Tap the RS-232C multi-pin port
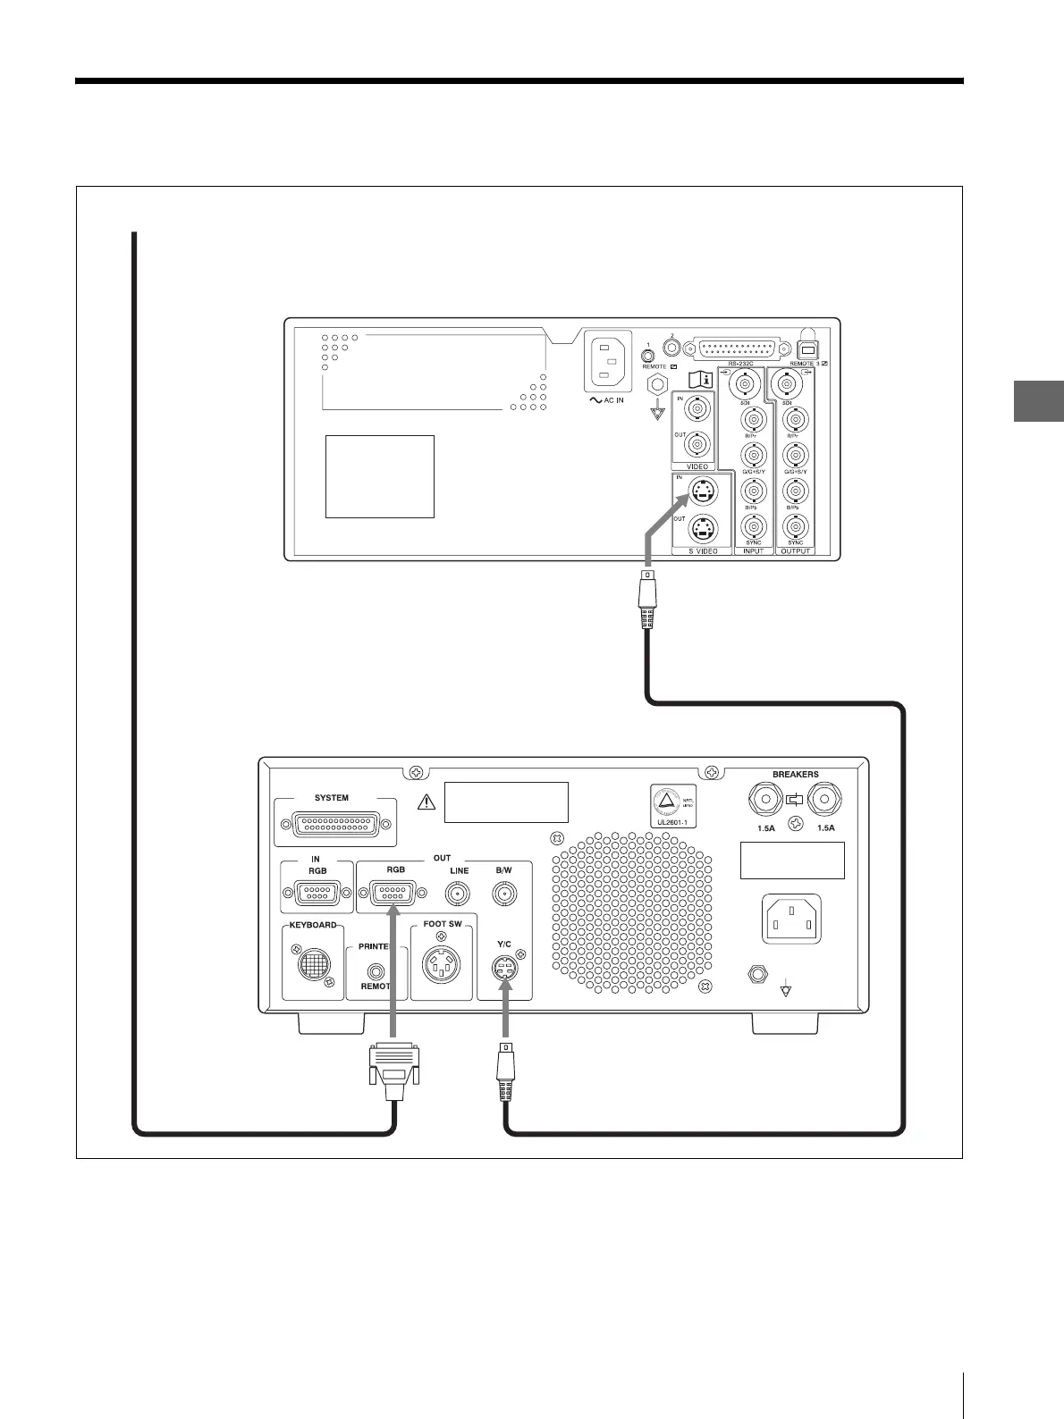click(739, 349)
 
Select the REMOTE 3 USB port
click(808, 350)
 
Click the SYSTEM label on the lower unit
click(332, 798)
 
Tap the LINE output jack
click(459, 892)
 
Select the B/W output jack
click(504, 892)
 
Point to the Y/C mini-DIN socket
click(505, 969)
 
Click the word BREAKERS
click(795, 774)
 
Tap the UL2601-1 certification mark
click(672, 807)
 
